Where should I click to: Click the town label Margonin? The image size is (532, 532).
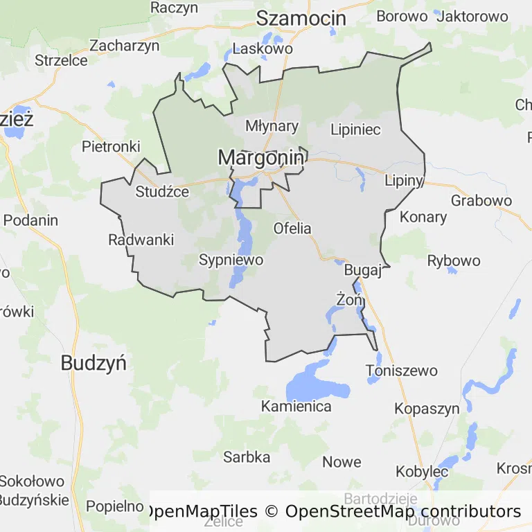260,158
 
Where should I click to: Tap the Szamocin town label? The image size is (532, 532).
301,19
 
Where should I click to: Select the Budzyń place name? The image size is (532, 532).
94,362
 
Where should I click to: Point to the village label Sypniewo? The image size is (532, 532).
231,260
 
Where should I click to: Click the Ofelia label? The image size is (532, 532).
292,228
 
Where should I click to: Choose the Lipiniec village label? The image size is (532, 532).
355,130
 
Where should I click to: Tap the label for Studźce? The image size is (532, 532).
162,192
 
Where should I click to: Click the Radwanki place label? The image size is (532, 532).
141,240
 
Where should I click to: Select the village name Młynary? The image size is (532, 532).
272,126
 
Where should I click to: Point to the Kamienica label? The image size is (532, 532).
296,406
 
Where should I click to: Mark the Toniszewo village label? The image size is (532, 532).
402,371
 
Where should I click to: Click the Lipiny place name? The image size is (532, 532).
404,181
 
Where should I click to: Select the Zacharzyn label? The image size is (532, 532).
125,46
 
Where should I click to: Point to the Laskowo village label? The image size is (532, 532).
263,48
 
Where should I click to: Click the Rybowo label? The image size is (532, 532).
454,260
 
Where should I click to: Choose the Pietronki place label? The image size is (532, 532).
111,146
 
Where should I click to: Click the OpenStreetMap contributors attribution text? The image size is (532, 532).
402,511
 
